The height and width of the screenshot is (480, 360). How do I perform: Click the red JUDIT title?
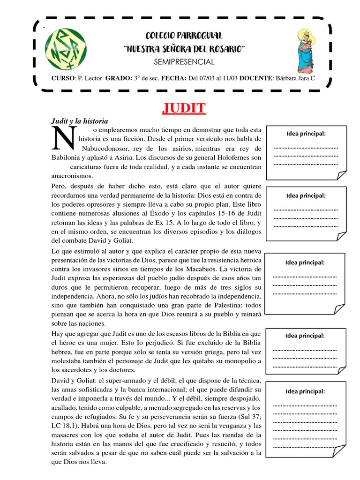[x=184, y=109]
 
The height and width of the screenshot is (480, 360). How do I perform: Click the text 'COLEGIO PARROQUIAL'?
[x=184, y=36]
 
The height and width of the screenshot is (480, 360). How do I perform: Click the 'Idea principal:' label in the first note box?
[x=306, y=134]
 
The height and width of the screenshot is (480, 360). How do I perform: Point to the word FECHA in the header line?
[x=173, y=78]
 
